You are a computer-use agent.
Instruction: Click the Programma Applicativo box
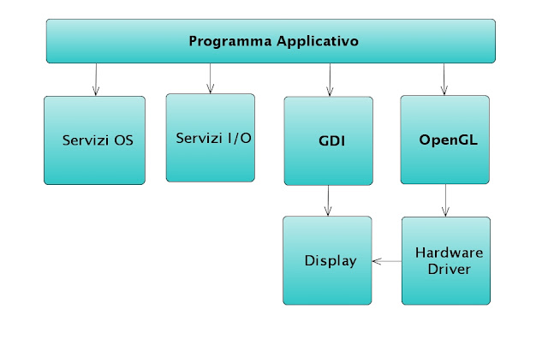[271, 41]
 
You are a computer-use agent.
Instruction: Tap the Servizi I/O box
[211, 138]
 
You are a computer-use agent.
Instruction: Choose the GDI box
[329, 140]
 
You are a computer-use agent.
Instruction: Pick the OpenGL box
[445, 140]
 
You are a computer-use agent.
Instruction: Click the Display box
[328, 261]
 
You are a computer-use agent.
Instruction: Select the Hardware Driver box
[446, 261]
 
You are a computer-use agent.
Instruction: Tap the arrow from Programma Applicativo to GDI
[330, 79]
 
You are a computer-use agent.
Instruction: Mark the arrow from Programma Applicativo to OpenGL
[444, 79]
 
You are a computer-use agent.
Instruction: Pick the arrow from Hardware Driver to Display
[387, 261]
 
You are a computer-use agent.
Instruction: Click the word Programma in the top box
[226, 41]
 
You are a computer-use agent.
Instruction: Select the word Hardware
[449, 253]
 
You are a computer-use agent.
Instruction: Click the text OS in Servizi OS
[124, 140]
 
